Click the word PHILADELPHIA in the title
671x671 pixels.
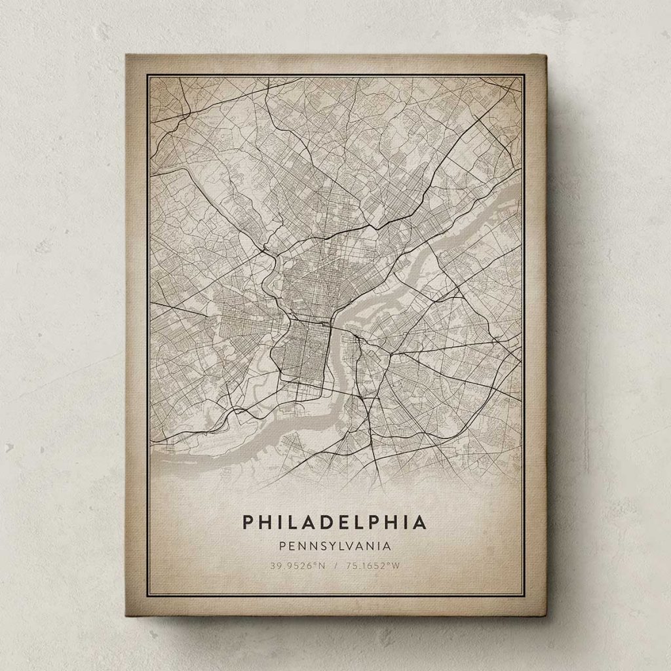pyautogui.click(x=335, y=522)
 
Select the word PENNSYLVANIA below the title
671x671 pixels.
pyautogui.click(x=335, y=545)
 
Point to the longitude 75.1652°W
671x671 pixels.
pyautogui.click(x=375, y=566)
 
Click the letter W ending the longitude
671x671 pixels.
pyautogui.click(x=396, y=566)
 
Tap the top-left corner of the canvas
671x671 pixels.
pyautogui.click(x=126, y=56)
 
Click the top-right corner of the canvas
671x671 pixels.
pyautogui.click(x=545, y=56)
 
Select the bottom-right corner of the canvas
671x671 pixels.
pyautogui.click(x=545, y=616)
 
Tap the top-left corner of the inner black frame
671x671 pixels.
pyautogui.click(x=147, y=75)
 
